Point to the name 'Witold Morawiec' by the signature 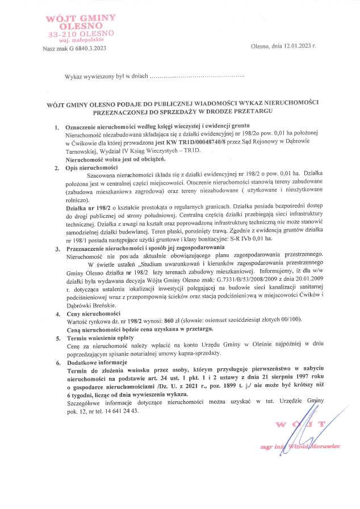(x=313, y=447)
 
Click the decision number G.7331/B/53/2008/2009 (x=252, y=280)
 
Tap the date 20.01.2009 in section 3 (x=307, y=280)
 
